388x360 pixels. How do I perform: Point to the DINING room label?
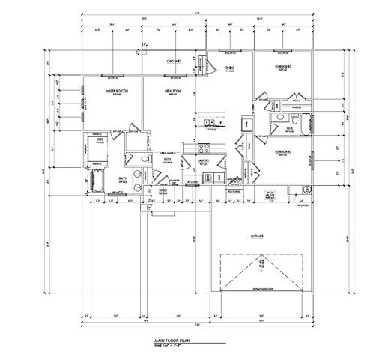point(230,68)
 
